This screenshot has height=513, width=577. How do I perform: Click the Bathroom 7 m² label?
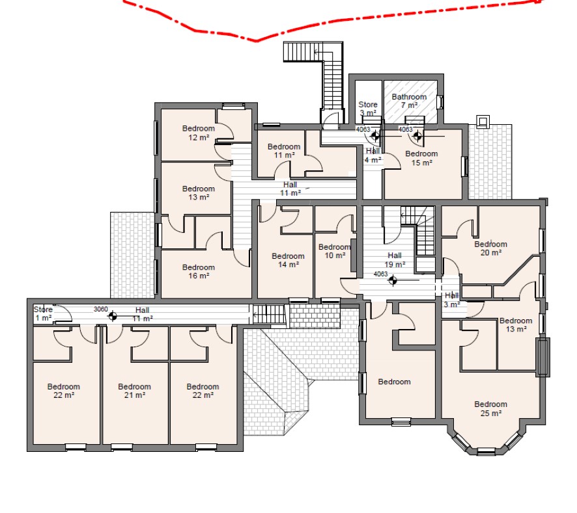pyautogui.click(x=409, y=101)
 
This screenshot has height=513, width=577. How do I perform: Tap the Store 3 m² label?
pyautogui.click(x=367, y=109)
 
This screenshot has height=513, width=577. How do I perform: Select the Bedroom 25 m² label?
pyautogui.click(x=490, y=408)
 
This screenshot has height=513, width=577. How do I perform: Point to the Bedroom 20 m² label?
pyautogui.click(x=490, y=248)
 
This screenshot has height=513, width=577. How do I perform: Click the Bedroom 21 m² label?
pyautogui.click(x=134, y=391)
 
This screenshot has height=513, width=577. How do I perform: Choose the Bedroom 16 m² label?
pyautogui.click(x=199, y=272)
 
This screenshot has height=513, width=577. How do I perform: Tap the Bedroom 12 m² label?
pyautogui.click(x=199, y=133)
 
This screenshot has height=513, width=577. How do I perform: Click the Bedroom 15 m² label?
pyautogui.click(x=421, y=158)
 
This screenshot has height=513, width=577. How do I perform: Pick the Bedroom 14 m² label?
pyautogui.click(x=288, y=260)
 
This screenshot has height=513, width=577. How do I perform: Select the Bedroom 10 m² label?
pyautogui.click(x=335, y=251)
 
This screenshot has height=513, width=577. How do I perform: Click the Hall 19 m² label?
pyautogui.click(x=395, y=260)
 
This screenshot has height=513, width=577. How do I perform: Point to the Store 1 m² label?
pyautogui.click(x=43, y=313)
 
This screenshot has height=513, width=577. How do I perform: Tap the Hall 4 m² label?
pyautogui.click(x=373, y=155)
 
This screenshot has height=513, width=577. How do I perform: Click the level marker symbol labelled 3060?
pyautogui.click(x=113, y=315)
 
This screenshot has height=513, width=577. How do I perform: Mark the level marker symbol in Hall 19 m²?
pyautogui.click(x=393, y=281)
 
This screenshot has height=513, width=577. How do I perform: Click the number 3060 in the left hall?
pyautogui.click(x=100, y=309)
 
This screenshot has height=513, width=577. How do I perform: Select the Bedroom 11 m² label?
pyautogui.click(x=284, y=151)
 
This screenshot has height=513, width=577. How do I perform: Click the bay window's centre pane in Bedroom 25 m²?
pyautogui.click(x=486, y=451)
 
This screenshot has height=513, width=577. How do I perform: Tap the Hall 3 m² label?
pyautogui.click(x=451, y=300)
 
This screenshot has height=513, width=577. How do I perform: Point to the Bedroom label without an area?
pyautogui.click(x=394, y=382)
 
